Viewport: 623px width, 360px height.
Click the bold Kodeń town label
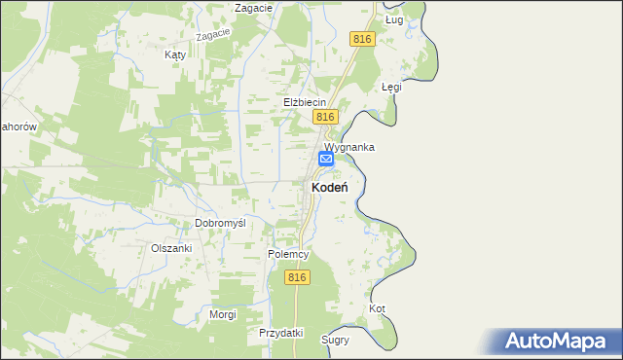[331, 186]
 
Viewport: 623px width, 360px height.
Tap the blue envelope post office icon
[326, 159]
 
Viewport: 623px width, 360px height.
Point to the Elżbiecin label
[304, 102]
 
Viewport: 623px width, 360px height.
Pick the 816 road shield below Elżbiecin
[325, 117]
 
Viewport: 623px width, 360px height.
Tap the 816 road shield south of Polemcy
[298, 277]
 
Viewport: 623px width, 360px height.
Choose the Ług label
[393, 18]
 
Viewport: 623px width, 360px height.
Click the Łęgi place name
[391, 87]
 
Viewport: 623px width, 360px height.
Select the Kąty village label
[175, 55]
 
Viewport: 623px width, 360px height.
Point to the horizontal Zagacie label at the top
[252, 8]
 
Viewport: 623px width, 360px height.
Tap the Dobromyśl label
[220, 223]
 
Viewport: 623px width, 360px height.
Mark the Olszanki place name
[171, 248]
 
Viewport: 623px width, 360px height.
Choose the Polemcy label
[288, 254]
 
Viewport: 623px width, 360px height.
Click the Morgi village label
[223, 314]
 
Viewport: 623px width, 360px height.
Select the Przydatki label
[281, 333]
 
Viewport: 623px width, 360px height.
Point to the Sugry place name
[335, 341]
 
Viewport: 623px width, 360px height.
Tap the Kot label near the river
[378, 308]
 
